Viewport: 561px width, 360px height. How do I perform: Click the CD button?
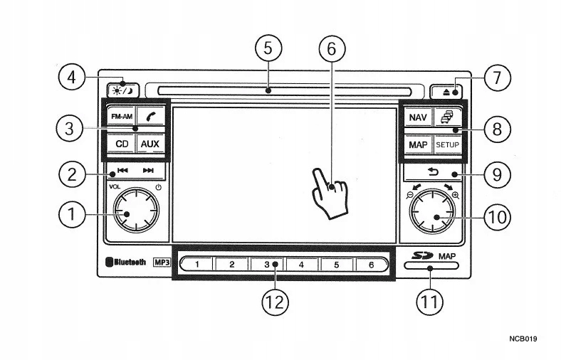click(121, 144)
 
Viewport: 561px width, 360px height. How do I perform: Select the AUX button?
click(150, 144)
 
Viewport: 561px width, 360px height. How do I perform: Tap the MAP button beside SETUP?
click(417, 144)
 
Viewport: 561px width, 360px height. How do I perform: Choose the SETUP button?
click(447, 144)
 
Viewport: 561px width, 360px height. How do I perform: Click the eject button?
click(446, 90)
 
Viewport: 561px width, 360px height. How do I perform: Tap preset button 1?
click(197, 265)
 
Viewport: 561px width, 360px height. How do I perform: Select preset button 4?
click(302, 265)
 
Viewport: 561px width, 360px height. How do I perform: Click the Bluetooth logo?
click(127, 262)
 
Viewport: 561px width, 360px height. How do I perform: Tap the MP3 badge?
click(162, 262)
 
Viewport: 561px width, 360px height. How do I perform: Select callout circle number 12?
click(275, 302)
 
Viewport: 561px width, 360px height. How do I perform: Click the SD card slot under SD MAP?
click(431, 268)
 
